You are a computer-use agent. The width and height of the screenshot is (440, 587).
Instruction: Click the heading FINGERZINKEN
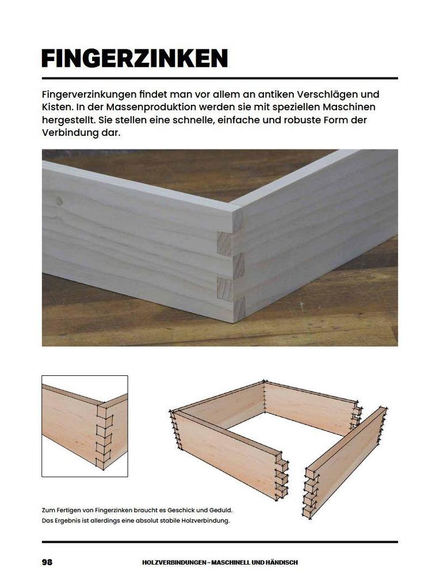(x=135, y=59)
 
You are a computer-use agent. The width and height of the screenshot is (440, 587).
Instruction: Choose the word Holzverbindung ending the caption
(x=205, y=521)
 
